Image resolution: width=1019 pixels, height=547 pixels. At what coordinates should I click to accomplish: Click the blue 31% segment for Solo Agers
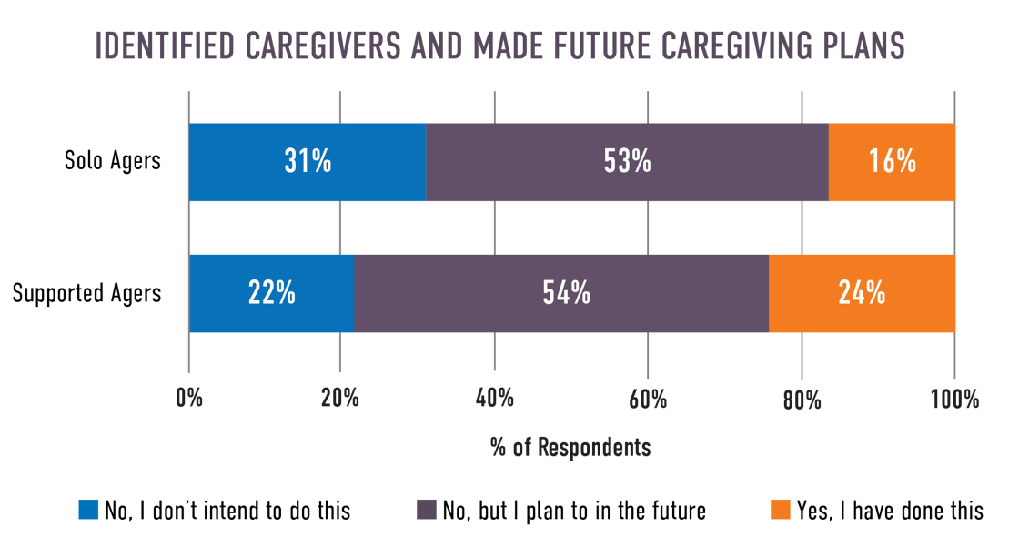tap(307, 162)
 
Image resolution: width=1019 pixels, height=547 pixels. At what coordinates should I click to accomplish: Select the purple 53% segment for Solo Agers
tap(627, 162)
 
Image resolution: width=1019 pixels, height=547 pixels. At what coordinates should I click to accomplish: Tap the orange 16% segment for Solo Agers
tap(892, 162)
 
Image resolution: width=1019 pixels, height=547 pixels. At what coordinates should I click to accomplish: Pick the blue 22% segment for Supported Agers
tap(271, 293)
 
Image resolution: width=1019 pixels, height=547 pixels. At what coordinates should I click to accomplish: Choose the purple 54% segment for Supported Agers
tap(560, 293)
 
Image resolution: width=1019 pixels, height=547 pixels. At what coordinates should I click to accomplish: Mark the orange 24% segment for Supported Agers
tap(862, 293)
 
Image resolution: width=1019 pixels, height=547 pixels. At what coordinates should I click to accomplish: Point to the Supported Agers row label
tap(87, 293)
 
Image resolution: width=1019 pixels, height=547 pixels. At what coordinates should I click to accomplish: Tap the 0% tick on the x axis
tap(188, 399)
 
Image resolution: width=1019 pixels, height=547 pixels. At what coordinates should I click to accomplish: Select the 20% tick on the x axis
tap(340, 399)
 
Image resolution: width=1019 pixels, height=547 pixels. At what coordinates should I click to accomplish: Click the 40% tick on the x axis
tap(494, 399)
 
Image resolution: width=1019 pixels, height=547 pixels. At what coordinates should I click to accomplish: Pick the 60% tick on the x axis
tap(648, 399)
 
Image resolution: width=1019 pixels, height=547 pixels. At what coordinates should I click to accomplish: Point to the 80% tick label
tap(801, 399)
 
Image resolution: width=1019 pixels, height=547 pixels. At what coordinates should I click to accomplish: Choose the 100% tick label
tap(953, 399)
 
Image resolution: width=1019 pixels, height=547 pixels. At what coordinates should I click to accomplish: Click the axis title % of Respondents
tap(570, 447)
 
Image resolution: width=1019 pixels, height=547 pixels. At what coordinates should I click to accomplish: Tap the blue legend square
tap(88, 510)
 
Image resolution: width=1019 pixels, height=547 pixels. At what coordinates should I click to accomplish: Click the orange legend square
tap(780, 510)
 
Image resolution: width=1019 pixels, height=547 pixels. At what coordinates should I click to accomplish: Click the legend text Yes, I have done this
tap(890, 510)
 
